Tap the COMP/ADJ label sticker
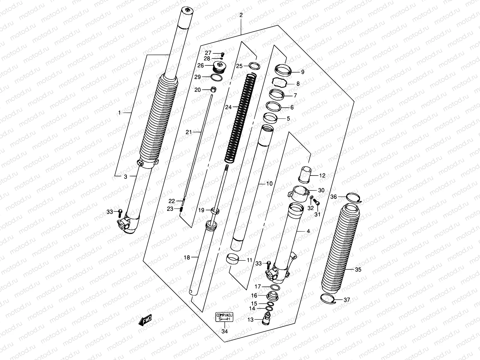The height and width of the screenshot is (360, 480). [x=224, y=317]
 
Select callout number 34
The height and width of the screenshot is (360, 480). [x=224, y=331]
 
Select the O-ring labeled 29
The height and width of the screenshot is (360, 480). [x=216, y=77]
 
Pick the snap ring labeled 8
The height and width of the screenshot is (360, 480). [x=280, y=82]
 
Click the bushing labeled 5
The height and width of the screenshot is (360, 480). [x=270, y=118]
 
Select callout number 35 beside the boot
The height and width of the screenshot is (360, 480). [x=358, y=270]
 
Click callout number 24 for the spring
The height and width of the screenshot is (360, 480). [x=229, y=107]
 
